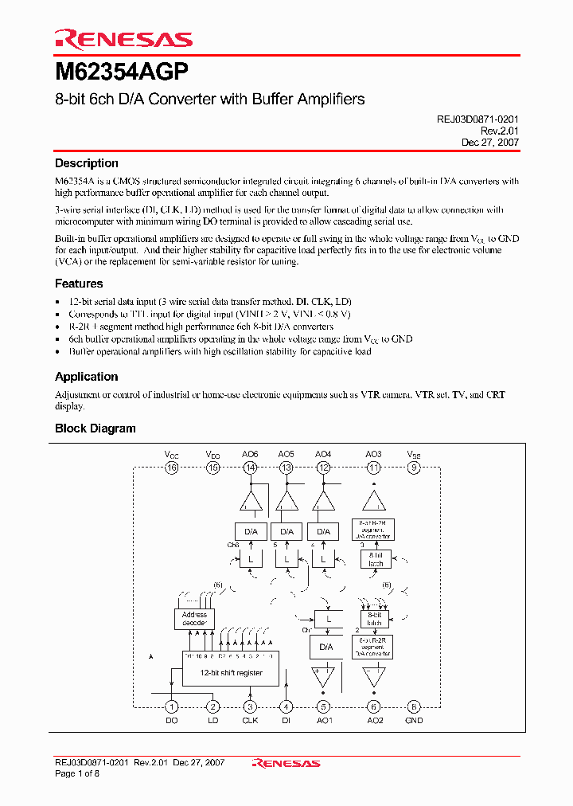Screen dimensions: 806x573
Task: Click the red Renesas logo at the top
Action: click(123, 39)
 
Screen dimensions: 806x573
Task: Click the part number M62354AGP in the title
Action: click(122, 72)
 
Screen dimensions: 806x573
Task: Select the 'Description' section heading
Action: click(86, 163)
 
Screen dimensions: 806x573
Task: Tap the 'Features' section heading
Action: click(79, 284)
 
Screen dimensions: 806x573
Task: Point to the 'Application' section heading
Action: click(86, 377)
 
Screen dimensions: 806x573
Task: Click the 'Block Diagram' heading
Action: click(95, 428)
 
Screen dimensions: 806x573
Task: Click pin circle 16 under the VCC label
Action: click(171, 468)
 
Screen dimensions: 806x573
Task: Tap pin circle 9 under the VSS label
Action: click(413, 468)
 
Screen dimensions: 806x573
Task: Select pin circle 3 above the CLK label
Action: click(250, 706)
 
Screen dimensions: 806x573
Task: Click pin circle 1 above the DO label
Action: click(171, 706)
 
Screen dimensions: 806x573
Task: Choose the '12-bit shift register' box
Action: click(230, 672)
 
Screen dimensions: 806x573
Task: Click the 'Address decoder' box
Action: click(194, 619)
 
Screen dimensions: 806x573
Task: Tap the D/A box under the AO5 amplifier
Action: click(286, 531)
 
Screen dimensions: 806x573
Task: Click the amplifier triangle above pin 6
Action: click(373, 677)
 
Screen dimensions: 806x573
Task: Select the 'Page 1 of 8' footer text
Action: click(76, 773)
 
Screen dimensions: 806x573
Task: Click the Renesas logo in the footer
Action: click(286, 763)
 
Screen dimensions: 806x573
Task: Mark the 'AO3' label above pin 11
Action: click(373, 454)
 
